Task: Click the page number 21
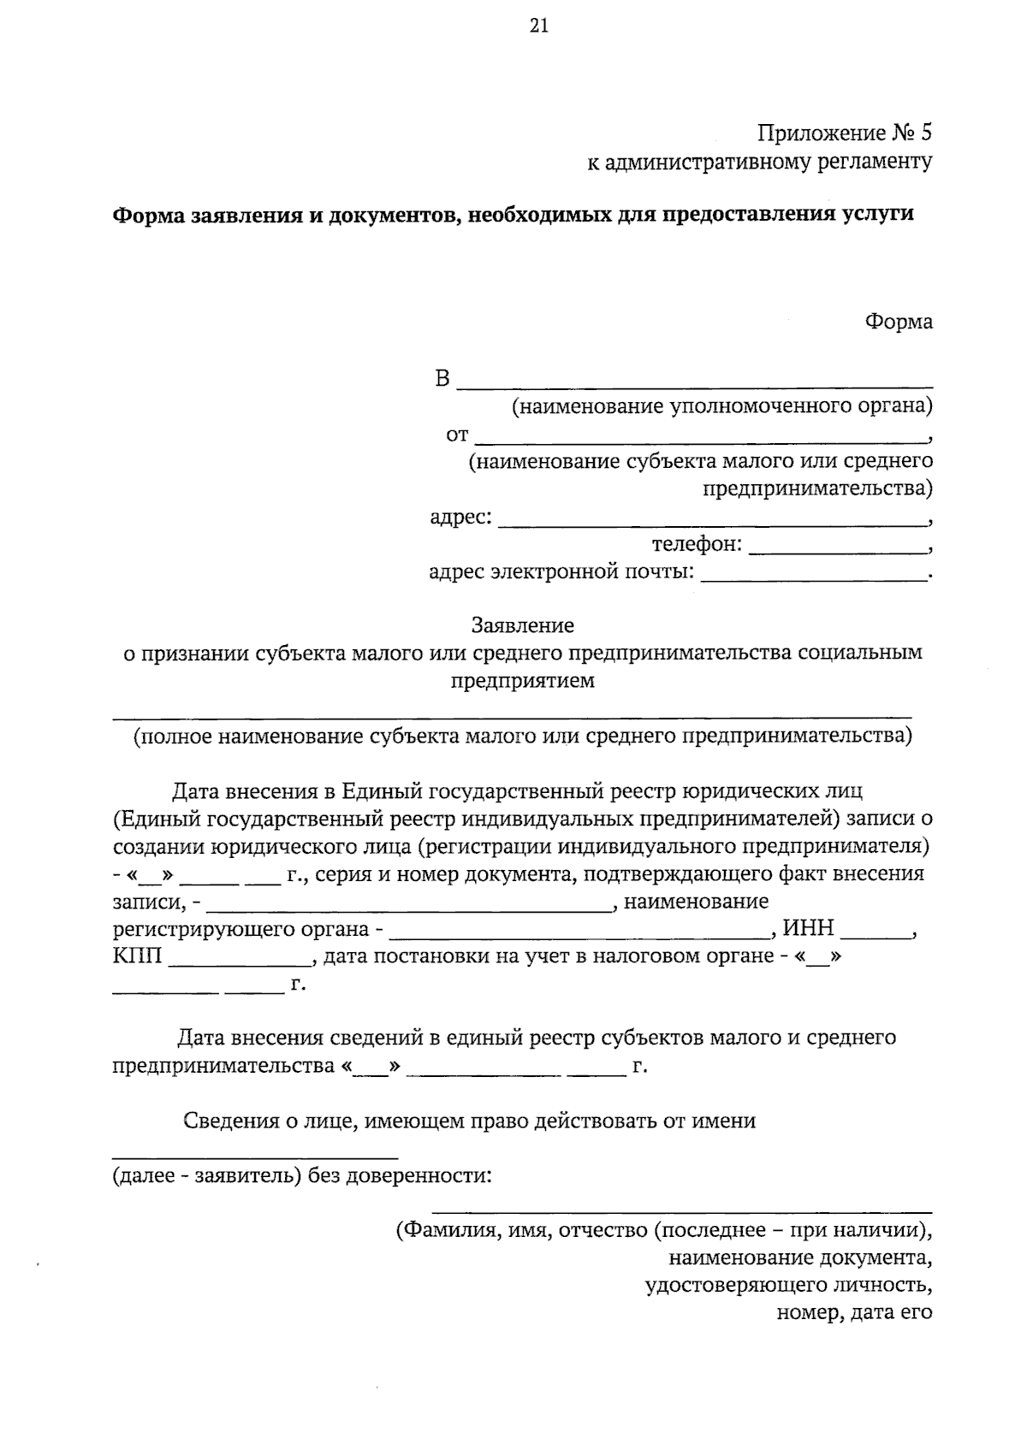(538, 27)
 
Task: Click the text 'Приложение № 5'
(845, 133)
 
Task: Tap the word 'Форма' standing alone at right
(899, 323)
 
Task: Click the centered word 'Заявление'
(522, 626)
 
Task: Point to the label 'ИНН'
(809, 929)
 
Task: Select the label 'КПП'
(137, 956)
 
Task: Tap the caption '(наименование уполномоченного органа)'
(721, 405)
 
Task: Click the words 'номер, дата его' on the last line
(853, 1312)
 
